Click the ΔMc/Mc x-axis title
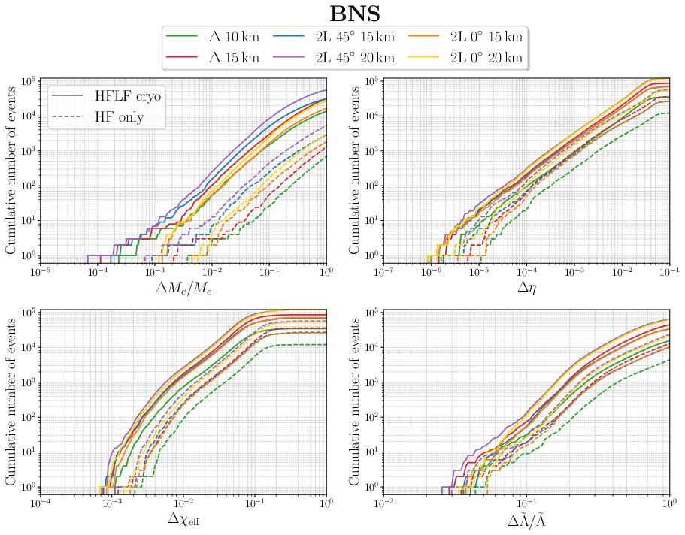(x=183, y=289)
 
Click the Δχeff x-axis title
(x=183, y=519)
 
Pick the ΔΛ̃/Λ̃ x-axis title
(x=526, y=519)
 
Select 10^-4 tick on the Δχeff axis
(x=40, y=501)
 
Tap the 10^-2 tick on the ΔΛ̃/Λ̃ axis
(x=384, y=501)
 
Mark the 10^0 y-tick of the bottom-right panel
(x=371, y=487)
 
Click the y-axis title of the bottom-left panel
(x=11, y=398)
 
